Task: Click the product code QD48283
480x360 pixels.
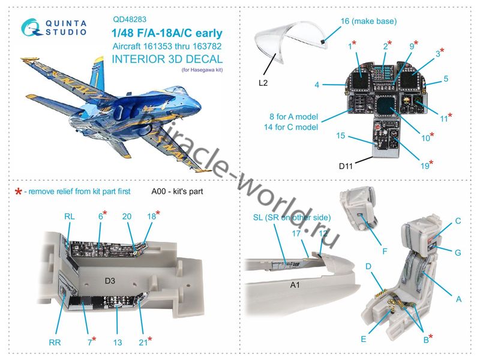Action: pos(130,19)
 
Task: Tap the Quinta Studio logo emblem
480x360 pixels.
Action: pos(31,27)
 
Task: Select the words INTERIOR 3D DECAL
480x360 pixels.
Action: pos(167,59)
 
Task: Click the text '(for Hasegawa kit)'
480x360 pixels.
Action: pos(202,70)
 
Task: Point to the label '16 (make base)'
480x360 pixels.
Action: pos(368,21)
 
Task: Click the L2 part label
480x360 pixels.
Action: pos(263,83)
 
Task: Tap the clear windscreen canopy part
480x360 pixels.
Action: pos(289,41)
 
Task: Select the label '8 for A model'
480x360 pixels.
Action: pos(293,116)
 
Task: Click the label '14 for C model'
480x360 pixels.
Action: pos(291,127)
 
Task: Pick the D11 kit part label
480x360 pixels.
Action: pos(346,166)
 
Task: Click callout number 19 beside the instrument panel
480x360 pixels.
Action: pos(425,166)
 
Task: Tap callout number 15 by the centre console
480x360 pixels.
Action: pos(340,136)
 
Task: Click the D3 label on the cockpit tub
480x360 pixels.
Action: pos(110,281)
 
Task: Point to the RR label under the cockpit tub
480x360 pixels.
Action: pos(55,343)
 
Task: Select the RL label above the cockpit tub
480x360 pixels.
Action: pos(69,217)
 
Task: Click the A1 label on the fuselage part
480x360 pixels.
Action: pos(295,285)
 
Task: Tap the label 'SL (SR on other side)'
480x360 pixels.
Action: pos(292,218)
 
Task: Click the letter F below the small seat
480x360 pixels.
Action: pos(385,251)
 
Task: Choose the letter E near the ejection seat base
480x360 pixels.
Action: pos(364,339)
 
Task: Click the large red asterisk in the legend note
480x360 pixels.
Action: pos(19,192)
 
